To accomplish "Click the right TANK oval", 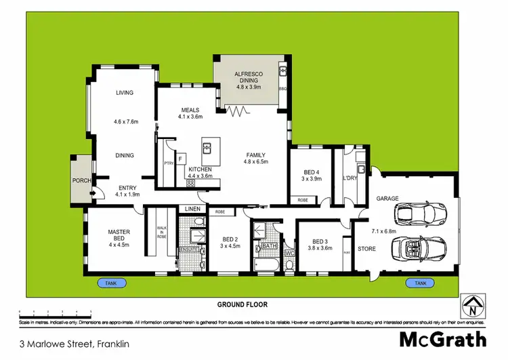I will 420,282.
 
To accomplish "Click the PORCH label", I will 82,180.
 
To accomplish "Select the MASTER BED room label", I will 119,236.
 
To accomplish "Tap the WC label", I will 289,254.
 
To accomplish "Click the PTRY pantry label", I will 168,163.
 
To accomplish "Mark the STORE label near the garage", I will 366,249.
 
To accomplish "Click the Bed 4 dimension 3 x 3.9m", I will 312,179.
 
